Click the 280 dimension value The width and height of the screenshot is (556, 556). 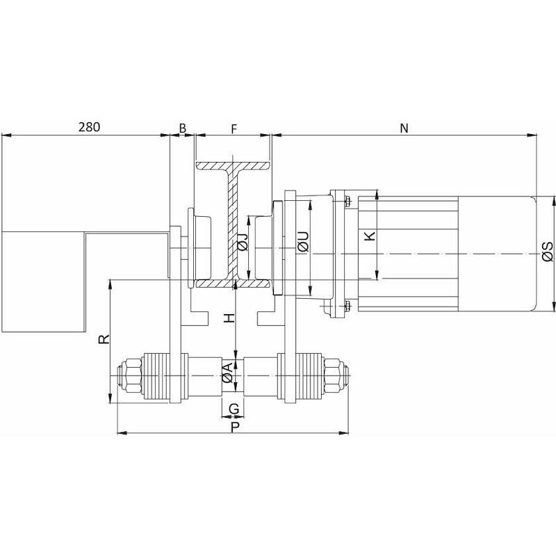pyautogui.click(x=89, y=127)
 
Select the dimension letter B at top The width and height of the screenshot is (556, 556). pyautogui.click(x=182, y=128)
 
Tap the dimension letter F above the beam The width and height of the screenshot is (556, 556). pyautogui.click(x=234, y=129)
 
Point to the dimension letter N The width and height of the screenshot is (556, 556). pyautogui.click(x=404, y=128)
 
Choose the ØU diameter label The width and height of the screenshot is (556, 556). pyautogui.click(x=304, y=241)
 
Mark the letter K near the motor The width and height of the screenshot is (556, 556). pyautogui.click(x=370, y=236)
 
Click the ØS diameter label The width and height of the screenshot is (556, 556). pyautogui.click(x=548, y=252)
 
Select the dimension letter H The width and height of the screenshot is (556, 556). pyautogui.click(x=230, y=318)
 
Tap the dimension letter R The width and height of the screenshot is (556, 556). pyautogui.click(x=104, y=339)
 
